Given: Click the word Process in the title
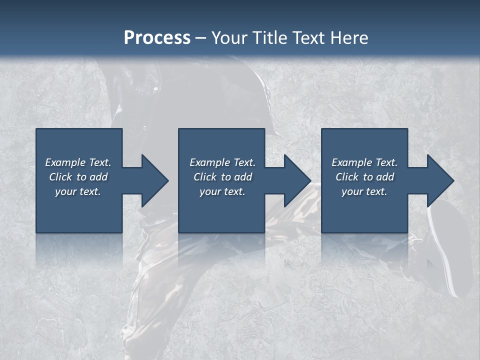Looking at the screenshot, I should pyautogui.click(x=157, y=38).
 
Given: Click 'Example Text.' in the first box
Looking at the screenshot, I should pyautogui.click(x=78, y=162).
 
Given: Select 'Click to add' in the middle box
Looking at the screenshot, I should pyautogui.click(x=222, y=177).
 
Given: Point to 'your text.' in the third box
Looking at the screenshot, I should pyautogui.click(x=364, y=191).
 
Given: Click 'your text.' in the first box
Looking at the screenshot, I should pyautogui.click(x=78, y=191).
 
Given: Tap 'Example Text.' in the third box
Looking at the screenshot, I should pyautogui.click(x=364, y=162).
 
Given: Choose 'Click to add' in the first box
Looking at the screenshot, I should pyautogui.click(x=78, y=177).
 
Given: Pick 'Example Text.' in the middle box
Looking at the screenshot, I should pyautogui.click(x=222, y=162).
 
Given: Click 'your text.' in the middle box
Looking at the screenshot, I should pyautogui.click(x=222, y=191).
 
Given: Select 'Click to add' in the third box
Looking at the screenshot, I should pyautogui.click(x=364, y=177).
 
